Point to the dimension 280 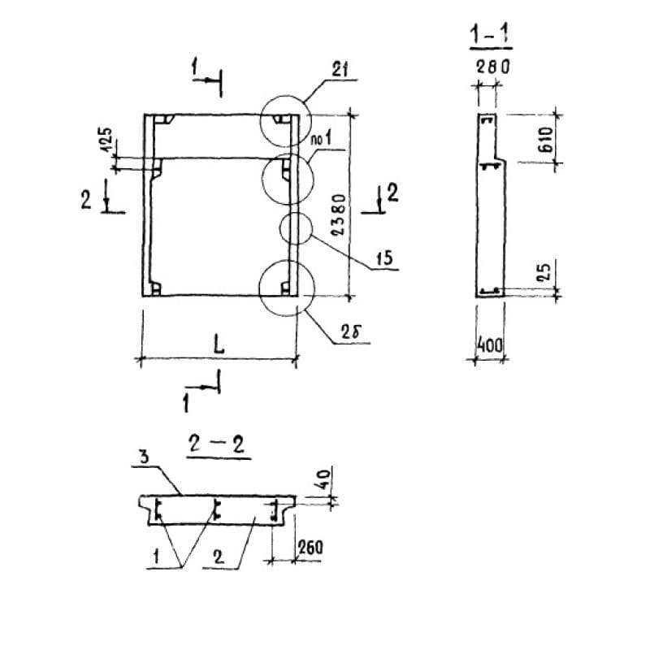point(491,67)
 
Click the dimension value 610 point(545,140)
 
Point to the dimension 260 point(310,547)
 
